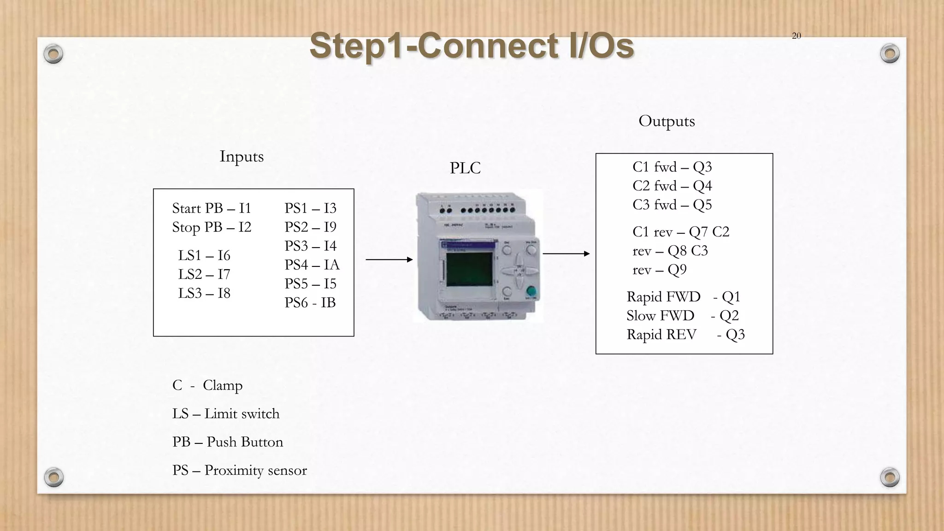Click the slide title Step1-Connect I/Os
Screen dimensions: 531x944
point(472,46)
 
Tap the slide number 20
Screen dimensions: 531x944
point(796,36)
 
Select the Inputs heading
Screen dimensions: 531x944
point(242,156)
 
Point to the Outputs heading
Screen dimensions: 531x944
point(667,121)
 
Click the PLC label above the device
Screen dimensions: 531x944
point(465,168)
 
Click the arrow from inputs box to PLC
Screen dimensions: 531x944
point(389,260)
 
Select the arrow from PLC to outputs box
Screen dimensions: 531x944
point(566,254)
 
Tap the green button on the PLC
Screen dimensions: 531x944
point(531,291)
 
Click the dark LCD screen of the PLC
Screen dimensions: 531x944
point(469,269)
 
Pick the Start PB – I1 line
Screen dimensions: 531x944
point(212,208)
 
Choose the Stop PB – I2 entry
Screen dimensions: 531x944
point(212,227)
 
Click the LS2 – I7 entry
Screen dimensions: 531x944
point(204,274)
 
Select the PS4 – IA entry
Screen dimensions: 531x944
point(312,265)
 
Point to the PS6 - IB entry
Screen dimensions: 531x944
point(310,303)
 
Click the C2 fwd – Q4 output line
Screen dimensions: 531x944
point(672,186)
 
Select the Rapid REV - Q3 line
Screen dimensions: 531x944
point(685,335)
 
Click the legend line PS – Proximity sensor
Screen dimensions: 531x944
point(239,471)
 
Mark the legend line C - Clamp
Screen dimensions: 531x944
point(207,385)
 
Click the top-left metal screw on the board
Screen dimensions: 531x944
point(53,54)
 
